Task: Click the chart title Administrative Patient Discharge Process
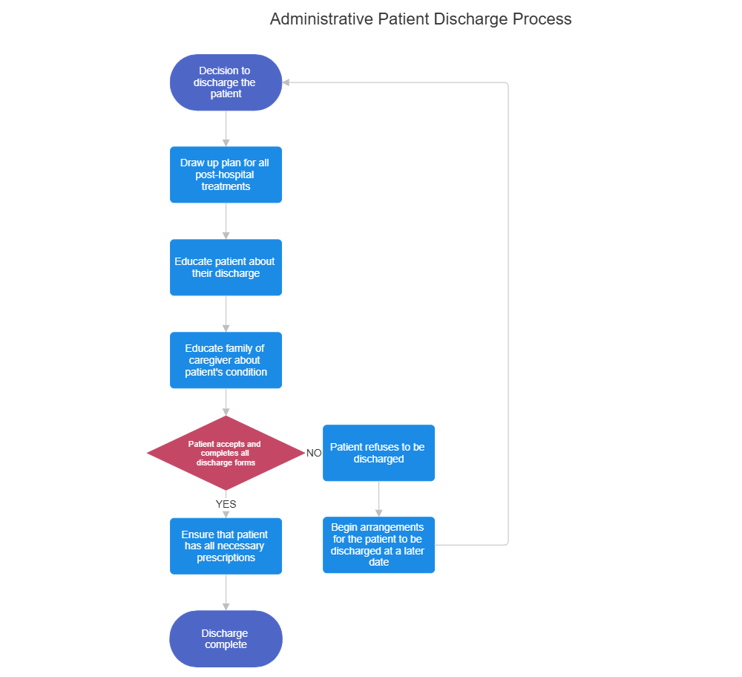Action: [420, 19]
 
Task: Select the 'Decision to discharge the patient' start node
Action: [226, 82]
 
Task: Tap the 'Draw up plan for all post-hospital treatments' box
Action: [226, 174]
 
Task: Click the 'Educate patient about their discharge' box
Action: [226, 267]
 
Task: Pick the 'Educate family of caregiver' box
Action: [226, 360]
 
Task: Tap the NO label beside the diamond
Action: [314, 453]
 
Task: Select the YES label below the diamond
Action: [226, 504]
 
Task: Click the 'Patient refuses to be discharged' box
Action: [378, 453]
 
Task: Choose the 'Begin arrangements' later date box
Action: [378, 545]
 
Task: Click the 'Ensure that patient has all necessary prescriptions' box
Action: [226, 546]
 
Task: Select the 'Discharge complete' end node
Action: [226, 638]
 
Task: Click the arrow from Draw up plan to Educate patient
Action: [226, 221]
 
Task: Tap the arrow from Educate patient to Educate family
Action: [226, 314]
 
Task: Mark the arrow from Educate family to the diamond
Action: [226, 402]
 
